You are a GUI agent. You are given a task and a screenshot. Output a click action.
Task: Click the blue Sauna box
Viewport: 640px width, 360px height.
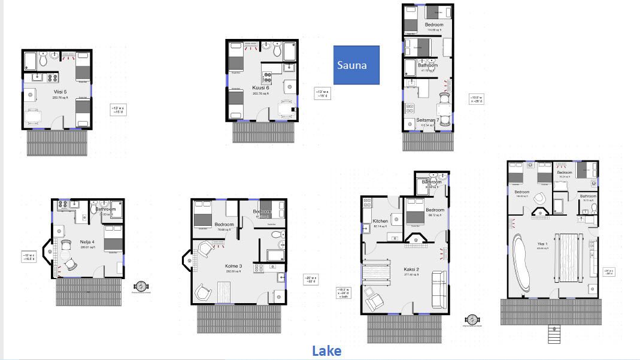coord(356,65)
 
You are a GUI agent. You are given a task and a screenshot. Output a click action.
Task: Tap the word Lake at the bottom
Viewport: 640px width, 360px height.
coord(326,351)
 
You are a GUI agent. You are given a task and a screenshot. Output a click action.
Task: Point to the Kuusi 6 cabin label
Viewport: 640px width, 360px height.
coord(260,88)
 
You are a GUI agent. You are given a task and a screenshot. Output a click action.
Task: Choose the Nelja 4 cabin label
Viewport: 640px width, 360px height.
coord(87,242)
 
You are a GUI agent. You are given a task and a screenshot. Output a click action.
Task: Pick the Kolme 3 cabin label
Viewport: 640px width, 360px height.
coord(233,266)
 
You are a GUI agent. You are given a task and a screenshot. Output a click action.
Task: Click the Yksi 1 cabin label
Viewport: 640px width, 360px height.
coord(541,244)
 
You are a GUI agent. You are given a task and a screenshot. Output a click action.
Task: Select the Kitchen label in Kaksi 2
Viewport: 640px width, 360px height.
coord(380,221)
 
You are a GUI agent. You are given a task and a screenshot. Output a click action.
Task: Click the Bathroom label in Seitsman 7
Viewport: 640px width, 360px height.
coord(429,65)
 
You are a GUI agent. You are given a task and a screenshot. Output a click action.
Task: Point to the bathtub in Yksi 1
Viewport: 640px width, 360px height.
coord(522,264)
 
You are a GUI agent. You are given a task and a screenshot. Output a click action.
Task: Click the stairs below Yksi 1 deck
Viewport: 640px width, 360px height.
coord(554,334)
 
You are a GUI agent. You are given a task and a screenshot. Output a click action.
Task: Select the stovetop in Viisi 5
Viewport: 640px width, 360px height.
coord(51,77)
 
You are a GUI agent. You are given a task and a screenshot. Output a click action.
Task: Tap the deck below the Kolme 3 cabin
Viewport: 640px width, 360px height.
coord(239,319)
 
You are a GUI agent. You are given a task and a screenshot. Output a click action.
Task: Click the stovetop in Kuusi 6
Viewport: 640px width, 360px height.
coord(266,77)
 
